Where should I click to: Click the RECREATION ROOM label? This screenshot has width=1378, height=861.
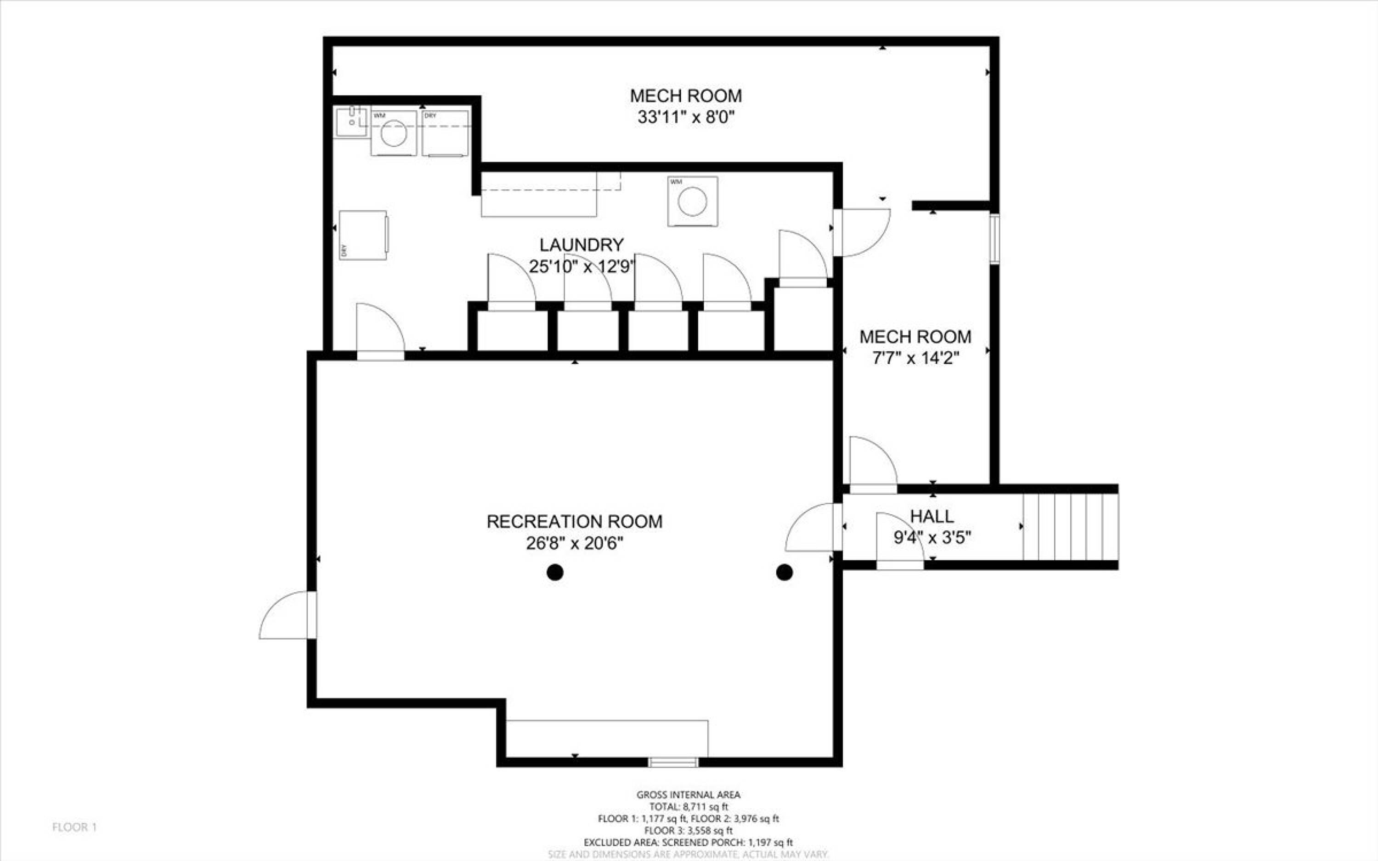pos(575,522)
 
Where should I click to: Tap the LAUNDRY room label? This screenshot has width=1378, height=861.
pos(582,245)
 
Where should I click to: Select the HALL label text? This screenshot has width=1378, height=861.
pos(932,517)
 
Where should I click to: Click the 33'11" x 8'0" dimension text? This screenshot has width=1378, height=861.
pos(686,117)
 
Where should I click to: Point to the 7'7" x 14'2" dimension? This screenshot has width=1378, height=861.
pos(915,358)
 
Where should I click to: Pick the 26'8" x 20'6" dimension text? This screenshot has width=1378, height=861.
pos(575,543)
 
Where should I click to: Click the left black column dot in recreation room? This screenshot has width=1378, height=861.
pos(555,572)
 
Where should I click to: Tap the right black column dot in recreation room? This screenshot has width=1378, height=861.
pos(785,572)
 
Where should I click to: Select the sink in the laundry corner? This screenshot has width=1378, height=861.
pos(352,121)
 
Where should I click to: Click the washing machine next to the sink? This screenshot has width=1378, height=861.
pos(394,133)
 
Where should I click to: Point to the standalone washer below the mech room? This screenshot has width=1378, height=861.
pos(692,202)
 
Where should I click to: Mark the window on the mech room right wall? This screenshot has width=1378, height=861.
pos(994,239)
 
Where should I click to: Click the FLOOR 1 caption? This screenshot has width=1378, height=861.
pos(74,827)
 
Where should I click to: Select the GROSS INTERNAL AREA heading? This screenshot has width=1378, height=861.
pos(689,795)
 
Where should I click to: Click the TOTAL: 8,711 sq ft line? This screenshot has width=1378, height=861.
pos(689,807)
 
